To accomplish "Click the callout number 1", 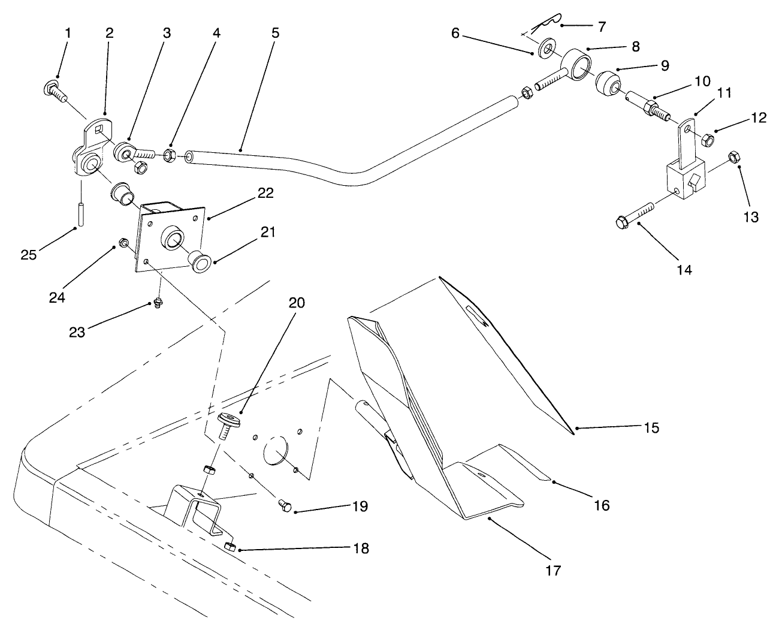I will point(67,33).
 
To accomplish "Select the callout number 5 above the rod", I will point(275,33).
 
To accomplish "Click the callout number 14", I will point(684,270).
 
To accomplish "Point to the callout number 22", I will point(265,193).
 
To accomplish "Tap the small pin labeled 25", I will point(80,214).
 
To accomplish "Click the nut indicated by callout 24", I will point(122,243).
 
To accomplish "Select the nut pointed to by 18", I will point(228,546).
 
